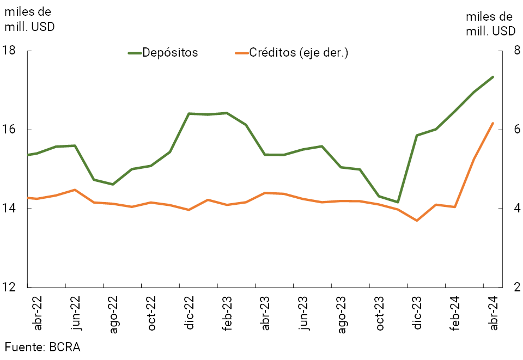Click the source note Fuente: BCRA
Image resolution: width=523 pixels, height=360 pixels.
pyautogui.click(x=42, y=347)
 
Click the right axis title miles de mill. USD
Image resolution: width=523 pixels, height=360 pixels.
pyautogui.click(x=490, y=24)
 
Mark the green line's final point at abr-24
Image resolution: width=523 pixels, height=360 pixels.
pyautogui.click(x=493, y=77)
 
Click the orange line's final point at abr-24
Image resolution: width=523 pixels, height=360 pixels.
pyautogui.click(x=493, y=123)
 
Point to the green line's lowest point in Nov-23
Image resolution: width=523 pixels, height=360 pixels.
pyautogui.click(x=398, y=202)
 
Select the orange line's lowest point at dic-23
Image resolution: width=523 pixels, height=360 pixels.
pyautogui.click(x=417, y=221)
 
